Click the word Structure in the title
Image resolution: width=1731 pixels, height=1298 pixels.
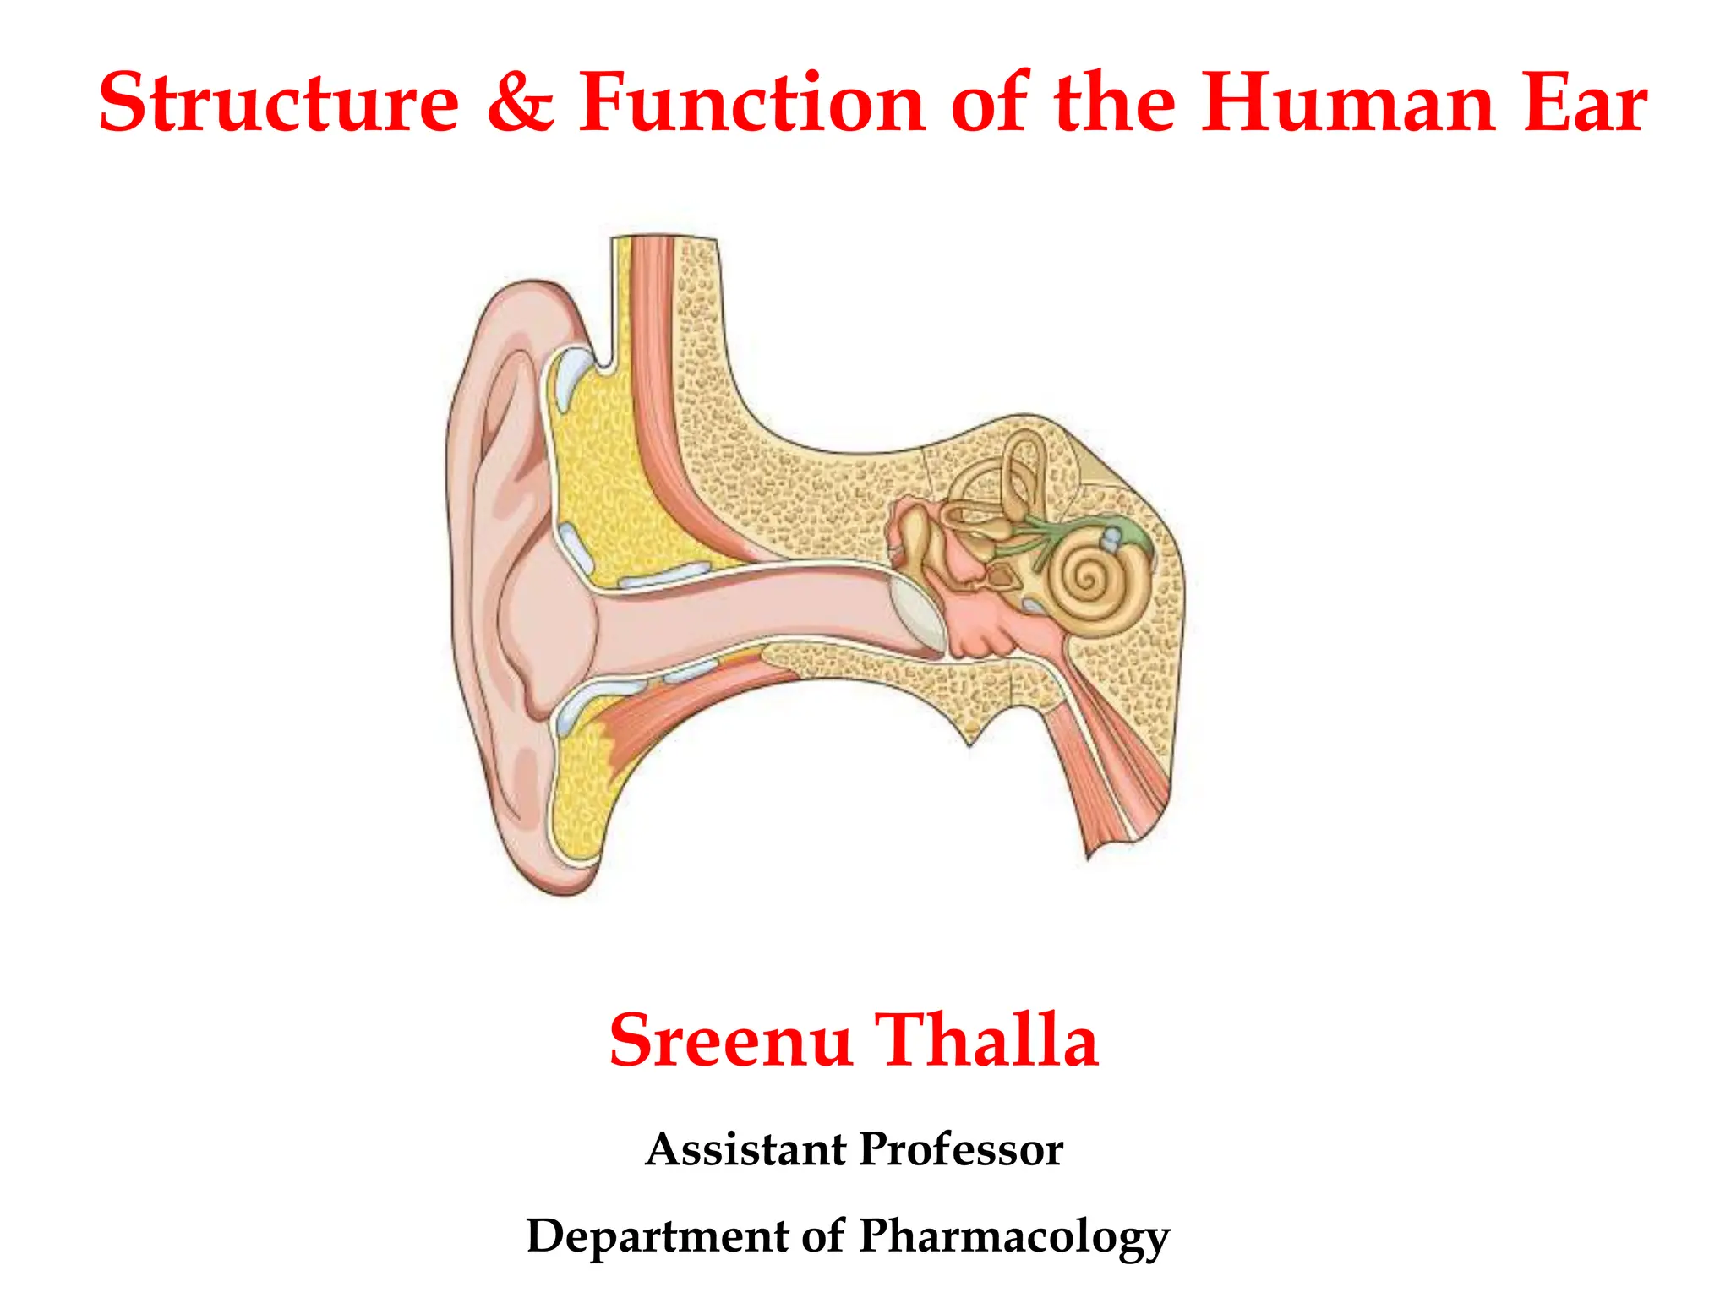279,103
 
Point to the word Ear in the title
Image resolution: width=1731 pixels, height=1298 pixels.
1585,103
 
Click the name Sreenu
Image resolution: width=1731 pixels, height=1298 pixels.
730,1040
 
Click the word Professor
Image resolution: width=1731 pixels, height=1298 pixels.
961,1149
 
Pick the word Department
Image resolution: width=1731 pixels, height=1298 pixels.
657,1235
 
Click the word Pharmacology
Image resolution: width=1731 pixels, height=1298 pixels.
1014,1237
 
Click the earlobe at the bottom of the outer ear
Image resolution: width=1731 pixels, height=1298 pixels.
558,862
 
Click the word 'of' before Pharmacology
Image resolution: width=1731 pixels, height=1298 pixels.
822,1235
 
